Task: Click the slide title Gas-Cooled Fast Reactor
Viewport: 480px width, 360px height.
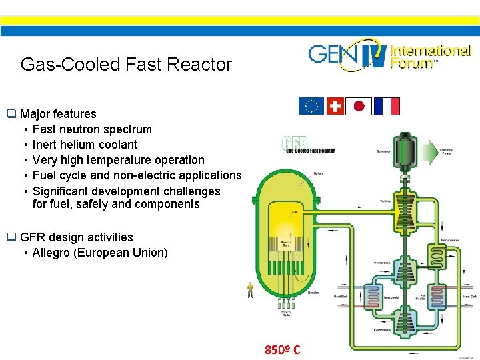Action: (126, 65)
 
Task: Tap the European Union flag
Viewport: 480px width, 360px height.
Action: (311, 106)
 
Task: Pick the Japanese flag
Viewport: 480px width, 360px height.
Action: (359, 106)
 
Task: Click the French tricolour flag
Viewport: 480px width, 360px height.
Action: (387, 106)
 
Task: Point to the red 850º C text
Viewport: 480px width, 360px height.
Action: (283, 350)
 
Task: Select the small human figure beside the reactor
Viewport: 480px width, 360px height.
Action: (250, 289)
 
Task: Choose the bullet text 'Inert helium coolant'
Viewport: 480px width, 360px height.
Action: (85, 145)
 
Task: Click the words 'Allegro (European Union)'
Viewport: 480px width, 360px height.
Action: (100, 253)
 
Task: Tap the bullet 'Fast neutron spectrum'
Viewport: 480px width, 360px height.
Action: (92, 129)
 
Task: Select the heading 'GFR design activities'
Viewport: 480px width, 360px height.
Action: (77, 237)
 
